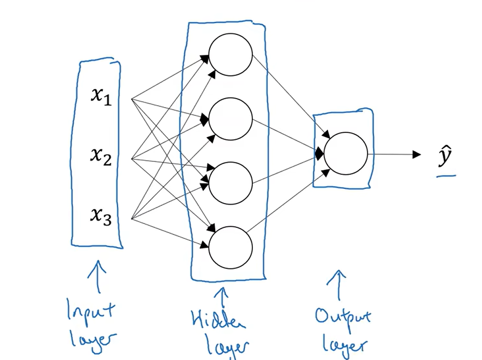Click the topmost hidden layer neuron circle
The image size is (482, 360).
pos(230,54)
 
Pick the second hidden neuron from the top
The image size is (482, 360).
pos(230,119)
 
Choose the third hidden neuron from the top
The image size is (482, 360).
pos(230,183)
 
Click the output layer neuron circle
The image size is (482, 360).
pos(345,154)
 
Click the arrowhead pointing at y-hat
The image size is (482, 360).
pos(416,155)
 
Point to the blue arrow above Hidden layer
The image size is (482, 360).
pos(222,296)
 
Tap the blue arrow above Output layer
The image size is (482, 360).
pos(341,286)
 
